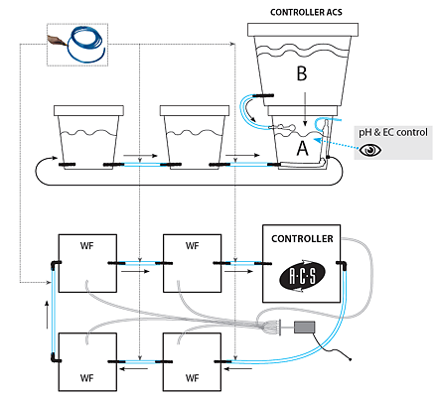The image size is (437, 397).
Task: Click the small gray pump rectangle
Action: pyautogui.click(x=304, y=328)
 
